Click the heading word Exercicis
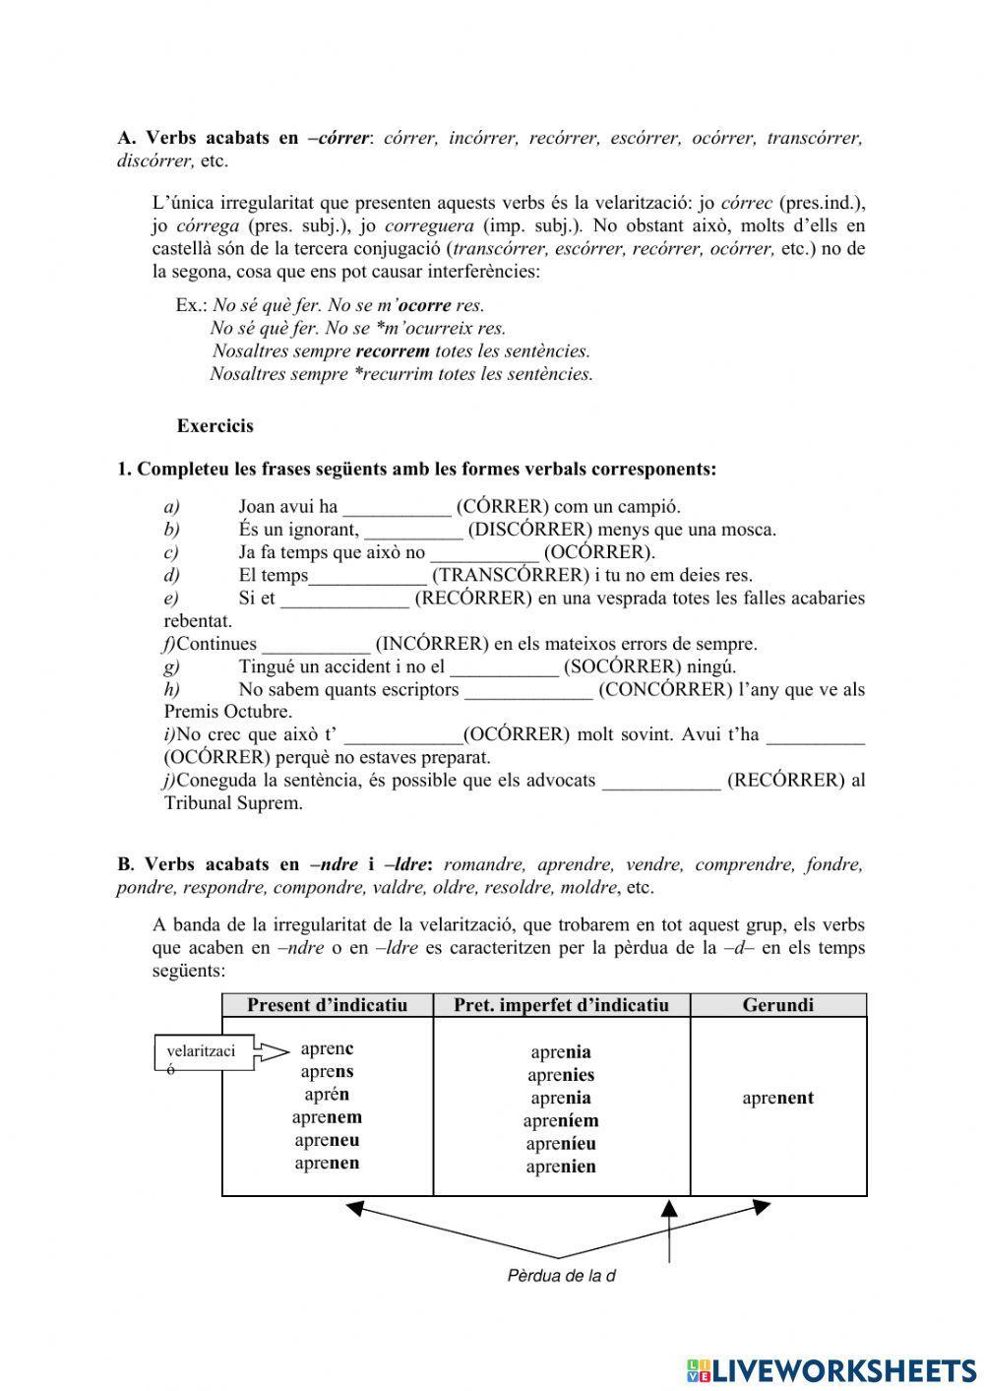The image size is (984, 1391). tap(215, 426)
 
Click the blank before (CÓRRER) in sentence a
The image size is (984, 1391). tap(397, 508)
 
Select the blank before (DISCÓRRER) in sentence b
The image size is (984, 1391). tap(413, 531)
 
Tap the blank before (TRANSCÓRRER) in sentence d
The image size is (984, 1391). tap(368, 576)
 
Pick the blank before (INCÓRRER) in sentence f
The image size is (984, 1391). tap(316, 645)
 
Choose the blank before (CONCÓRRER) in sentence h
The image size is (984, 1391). tap(528, 690)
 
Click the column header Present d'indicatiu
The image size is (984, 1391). tap(327, 1005)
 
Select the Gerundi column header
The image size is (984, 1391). tap(777, 1005)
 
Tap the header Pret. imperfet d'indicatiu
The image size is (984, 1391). tap(561, 1005)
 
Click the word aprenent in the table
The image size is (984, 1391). tap(777, 1099)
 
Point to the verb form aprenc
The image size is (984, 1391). tap(327, 1049)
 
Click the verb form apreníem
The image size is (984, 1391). tap(561, 1121)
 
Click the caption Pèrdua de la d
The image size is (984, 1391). tap(561, 1277)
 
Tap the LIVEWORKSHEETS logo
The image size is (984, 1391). tap(831, 1369)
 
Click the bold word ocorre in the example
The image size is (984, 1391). tap(424, 306)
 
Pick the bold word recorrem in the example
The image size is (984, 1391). tap(392, 351)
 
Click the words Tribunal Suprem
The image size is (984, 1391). tap(233, 803)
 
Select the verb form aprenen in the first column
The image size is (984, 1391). tap(327, 1164)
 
